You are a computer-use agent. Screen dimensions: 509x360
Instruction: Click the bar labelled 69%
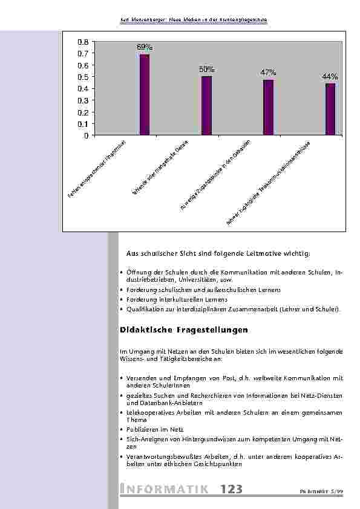click(145, 95)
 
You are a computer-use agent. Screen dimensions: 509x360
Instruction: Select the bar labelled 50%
click(206, 106)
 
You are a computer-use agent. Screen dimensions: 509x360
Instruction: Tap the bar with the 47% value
click(268, 108)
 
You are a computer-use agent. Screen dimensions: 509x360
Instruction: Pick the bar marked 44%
click(330, 109)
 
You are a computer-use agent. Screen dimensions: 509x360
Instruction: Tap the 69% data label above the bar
click(145, 47)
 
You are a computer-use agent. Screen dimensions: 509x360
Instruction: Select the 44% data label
click(330, 77)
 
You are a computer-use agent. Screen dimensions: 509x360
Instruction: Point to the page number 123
click(232, 489)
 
